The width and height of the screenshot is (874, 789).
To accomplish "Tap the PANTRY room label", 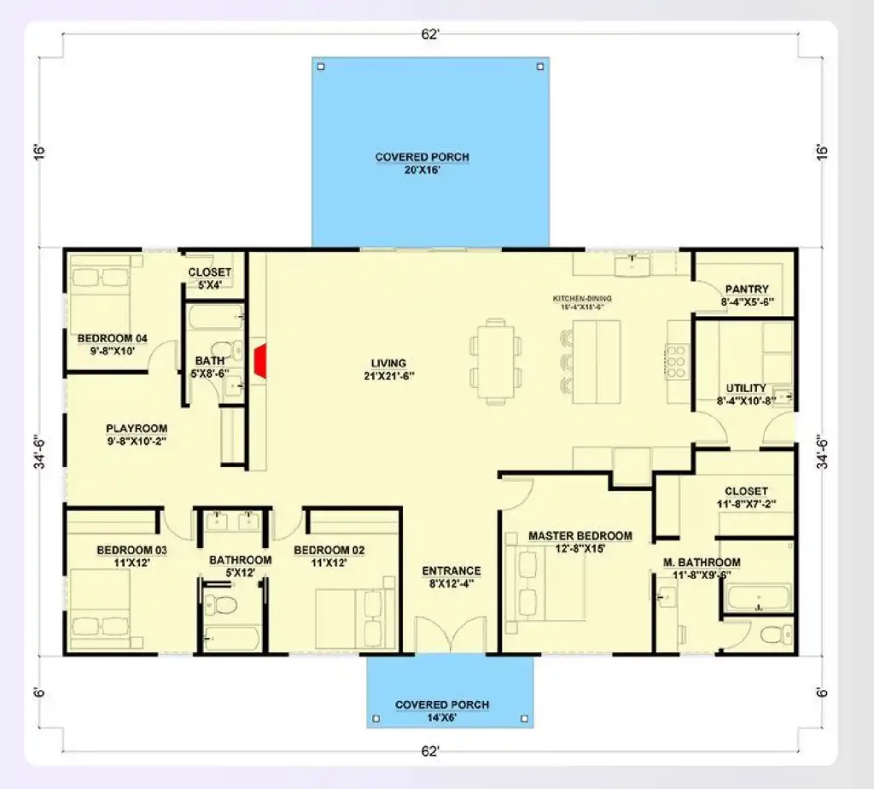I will coord(746,289).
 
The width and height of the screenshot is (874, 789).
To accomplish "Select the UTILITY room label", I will coord(746,388).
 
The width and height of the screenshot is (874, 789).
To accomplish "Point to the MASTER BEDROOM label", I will coord(580,536).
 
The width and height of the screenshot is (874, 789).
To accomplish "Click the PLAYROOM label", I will coord(137,429).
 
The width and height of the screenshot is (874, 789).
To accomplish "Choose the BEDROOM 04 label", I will coord(113,338).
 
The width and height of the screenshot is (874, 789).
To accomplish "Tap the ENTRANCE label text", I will coord(452,571).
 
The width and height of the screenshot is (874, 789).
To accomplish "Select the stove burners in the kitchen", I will coord(676,360).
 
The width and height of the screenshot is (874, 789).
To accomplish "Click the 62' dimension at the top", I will coord(430,34).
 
